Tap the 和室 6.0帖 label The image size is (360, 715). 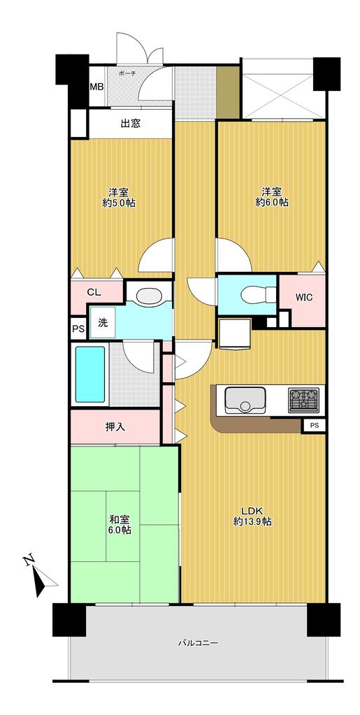click(x=120, y=524)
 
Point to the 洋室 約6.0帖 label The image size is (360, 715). click(x=271, y=197)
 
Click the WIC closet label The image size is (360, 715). click(x=303, y=298)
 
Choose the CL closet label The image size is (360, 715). click(x=94, y=293)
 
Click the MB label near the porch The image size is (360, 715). click(x=96, y=87)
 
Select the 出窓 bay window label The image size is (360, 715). click(x=130, y=123)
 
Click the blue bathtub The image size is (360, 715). click(x=90, y=375)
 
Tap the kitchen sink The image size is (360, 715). click(x=246, y=400)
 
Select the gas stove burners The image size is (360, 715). click(x=303, y=400)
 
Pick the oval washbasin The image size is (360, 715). click(x=149, y=296)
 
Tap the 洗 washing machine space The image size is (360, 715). click(x=103, y=322)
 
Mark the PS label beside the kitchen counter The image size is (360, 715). click(x=315, y=426)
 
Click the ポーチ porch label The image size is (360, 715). click(x=127, y=73)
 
